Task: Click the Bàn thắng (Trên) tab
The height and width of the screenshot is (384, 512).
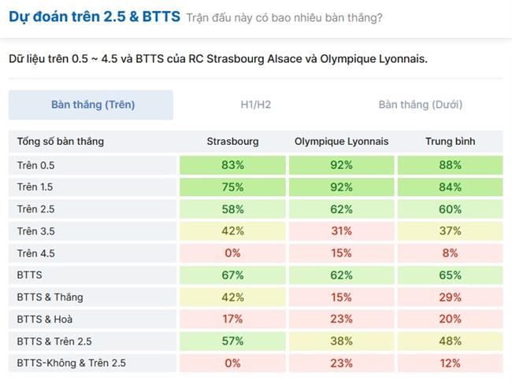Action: [92, 105]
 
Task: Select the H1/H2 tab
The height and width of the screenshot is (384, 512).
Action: [257, 105]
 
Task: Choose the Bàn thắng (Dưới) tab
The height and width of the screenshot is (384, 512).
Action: [420, 105]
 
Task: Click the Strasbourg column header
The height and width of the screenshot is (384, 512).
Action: [232, 142]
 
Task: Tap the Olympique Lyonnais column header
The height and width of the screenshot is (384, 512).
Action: [341, 142]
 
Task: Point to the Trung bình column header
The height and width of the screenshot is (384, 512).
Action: [450, 142]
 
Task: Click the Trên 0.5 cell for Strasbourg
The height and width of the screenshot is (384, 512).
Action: [232, 165]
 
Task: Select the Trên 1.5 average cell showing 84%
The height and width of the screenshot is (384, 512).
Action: [450, 187]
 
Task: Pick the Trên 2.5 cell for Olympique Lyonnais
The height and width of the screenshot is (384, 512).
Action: [341, 209]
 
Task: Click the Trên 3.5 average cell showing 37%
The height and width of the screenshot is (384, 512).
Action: [450, 231]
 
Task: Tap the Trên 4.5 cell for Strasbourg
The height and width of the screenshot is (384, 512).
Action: [232, 253]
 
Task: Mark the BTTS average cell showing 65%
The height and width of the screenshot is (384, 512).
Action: [450, 275]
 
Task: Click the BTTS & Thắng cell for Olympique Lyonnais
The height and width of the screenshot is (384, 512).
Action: [341, 297]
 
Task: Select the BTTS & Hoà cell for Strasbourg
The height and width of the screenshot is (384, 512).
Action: [232, 319]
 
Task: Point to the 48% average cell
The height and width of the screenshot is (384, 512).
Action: [450, 342]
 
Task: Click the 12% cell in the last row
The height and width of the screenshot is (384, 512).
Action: [450, 364]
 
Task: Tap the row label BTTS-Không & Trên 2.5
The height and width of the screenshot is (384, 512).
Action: [71, 364]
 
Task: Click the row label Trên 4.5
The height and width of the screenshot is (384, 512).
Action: [36, 253]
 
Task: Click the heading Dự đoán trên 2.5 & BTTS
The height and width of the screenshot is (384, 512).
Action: [95, 17]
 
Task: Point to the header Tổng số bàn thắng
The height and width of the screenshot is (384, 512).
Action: [61, 142]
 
